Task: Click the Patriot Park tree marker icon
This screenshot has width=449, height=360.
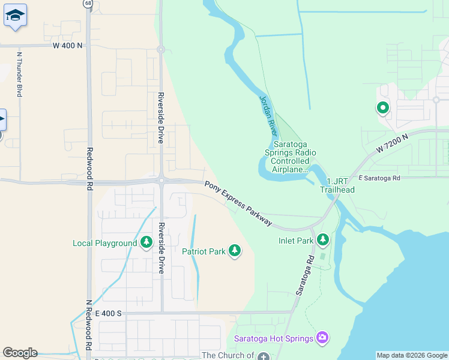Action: tap(235, 251)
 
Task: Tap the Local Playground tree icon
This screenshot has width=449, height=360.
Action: tap(146, 243)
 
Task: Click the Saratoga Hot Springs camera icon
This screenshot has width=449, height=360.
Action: tap(322, 338)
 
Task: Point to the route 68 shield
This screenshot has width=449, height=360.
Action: tap(89, 4)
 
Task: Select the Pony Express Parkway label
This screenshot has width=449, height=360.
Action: tap(238, 204)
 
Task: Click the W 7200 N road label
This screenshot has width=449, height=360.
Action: tap(393, 144)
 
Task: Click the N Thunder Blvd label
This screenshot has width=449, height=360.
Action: tap(19, 75)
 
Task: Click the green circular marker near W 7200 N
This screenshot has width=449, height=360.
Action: tap(382, 108)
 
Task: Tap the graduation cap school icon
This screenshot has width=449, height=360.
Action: tap(15, 16)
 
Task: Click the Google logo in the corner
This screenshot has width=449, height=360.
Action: tap(20, 353)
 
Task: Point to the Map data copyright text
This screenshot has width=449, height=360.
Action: tap(412, 355)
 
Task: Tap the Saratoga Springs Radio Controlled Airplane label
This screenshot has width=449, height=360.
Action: tap(291, 157)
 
